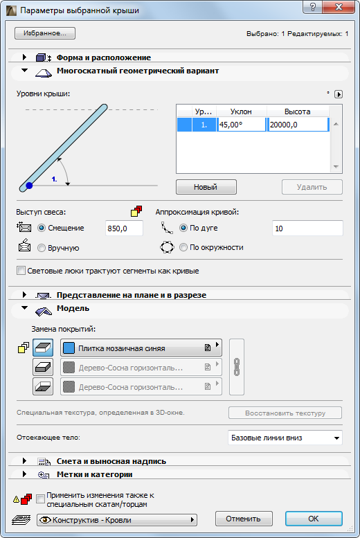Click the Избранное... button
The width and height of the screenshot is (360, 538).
pos(44,33)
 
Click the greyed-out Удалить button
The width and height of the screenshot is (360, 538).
pos(312,187)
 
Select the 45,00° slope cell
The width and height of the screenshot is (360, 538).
pos(241,125)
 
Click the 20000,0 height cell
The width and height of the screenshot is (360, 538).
pos(298,125)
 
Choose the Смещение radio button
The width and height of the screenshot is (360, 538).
pos(42,228)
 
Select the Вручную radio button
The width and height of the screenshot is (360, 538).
pos(42,248)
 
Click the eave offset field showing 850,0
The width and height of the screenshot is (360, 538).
pos(124,228)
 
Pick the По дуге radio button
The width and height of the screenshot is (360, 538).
pos(183,228)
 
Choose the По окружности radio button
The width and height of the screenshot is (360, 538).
pos(183,247)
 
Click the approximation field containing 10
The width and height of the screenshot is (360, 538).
pos(307,228)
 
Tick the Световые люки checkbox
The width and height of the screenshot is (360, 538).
pos(21,271)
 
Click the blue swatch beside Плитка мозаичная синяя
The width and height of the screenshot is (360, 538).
pos(69,348)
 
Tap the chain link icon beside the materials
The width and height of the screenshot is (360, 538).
pos(237,367)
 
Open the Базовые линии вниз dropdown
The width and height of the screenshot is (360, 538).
pos(285,438)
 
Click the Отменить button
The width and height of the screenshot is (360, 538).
pos(244,519)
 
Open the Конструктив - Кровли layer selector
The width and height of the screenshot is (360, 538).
pos(117,520)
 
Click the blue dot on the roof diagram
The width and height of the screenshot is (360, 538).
pos(29,186)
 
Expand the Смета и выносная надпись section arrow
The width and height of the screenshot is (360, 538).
pos(24,461)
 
